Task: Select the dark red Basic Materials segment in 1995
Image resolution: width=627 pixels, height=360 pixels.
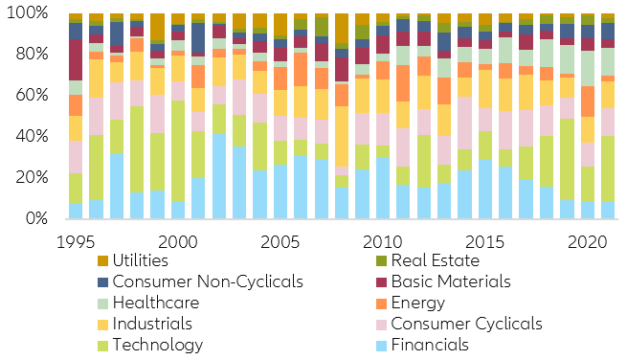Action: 75,59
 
